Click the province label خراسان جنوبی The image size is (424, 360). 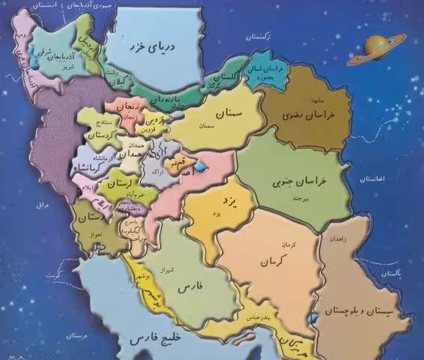click(311, 172)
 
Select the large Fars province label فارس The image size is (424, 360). click(191, 286)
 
